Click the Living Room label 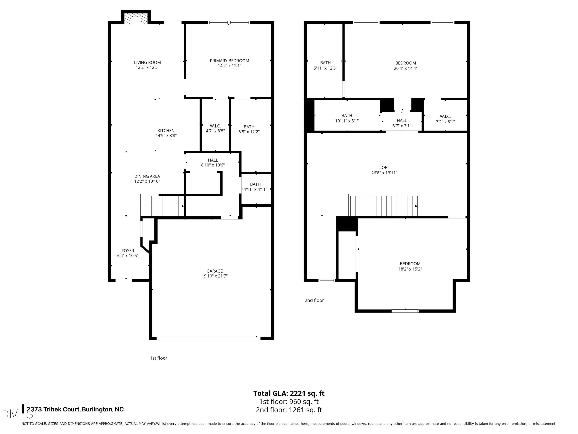[x=147, y=62]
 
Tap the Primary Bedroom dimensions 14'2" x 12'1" [x=229, y=66]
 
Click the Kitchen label [x=166, y=131]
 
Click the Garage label [x=214, y=271]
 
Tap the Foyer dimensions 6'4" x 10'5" [x=128, y=256]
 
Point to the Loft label [x=384, y=167]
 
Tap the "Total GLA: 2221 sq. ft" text [x=289, y=393]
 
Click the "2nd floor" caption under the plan [x=314, y=300]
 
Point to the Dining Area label [x=147, y=176]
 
